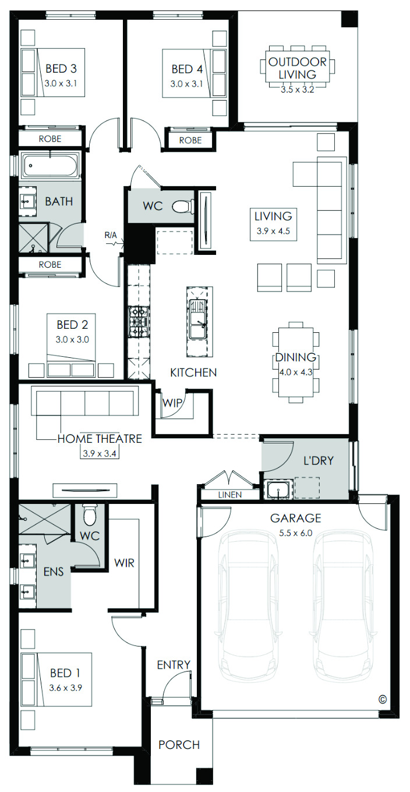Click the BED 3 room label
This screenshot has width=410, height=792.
click(61, 69)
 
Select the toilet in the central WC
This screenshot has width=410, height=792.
click(183, 206)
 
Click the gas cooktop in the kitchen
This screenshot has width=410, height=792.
click(139, 321)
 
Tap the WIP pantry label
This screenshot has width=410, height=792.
click(172, 403)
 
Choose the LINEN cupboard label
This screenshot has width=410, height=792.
click(230, 495)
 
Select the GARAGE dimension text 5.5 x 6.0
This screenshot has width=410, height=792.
click(295, 533)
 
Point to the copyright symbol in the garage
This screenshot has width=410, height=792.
click(382, 699)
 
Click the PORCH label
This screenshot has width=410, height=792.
click(179, 745)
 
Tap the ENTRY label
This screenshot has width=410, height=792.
click(174, 665)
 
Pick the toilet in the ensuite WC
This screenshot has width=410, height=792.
click(90, 515)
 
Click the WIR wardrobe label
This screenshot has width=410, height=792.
click(124, 563)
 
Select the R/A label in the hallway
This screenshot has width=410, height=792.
click(111, 235)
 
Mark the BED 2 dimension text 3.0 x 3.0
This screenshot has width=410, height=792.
click(72, 339)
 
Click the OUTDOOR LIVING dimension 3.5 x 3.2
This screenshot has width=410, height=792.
click(298, 90)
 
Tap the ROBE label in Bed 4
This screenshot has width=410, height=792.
click(190, 140)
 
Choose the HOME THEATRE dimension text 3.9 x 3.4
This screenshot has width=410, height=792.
click(100, 453)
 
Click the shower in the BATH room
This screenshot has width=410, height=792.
click(33, 237)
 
